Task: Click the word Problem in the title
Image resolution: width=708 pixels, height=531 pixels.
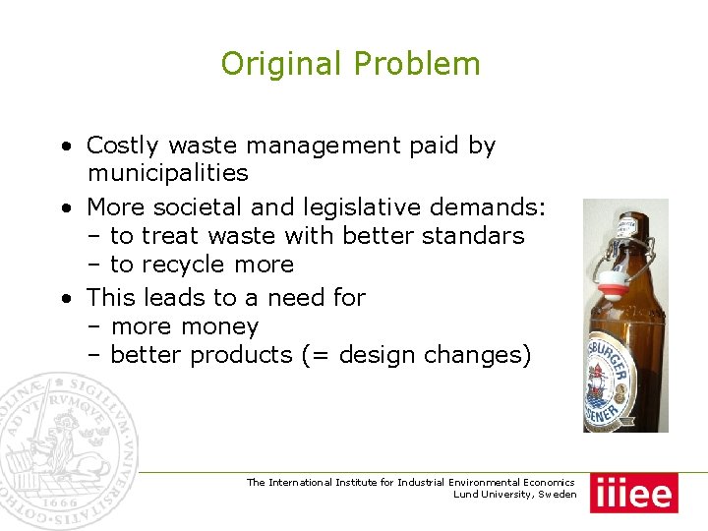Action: point(417,64)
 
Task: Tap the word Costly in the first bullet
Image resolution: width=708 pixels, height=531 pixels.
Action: point(123,146)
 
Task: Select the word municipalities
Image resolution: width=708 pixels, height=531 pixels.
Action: point(168,174)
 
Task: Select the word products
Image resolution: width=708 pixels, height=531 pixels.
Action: point(241,355)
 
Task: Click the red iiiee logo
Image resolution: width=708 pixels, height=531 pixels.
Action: point(634,493)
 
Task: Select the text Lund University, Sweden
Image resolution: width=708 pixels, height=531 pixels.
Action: point(514,495)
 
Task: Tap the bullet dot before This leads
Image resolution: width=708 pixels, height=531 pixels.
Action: point(64,298)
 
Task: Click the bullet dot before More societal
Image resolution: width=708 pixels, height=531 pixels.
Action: point(64,207)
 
